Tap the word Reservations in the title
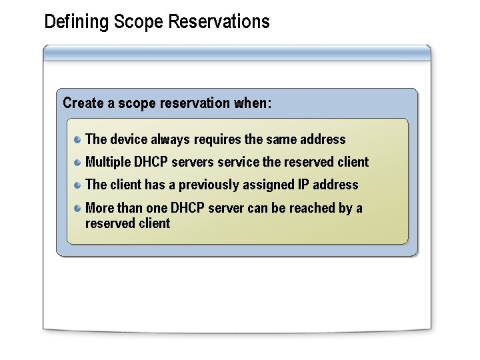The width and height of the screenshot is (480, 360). click(219, 21)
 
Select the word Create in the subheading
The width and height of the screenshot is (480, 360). click(82, 103)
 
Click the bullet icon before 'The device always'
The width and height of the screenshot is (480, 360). click(78, 139)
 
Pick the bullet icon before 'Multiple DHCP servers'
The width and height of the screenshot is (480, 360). click(78, 161)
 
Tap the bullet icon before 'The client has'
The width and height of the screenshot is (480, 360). click(78, 184)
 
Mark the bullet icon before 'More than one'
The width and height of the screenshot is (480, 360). click(78, 207)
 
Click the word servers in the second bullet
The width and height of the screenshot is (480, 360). click(193, 162)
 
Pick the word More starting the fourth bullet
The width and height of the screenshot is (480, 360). click(100, 208)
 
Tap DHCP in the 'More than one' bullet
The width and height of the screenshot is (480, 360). click(187, 208)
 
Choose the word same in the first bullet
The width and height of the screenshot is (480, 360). click(280, 139)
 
